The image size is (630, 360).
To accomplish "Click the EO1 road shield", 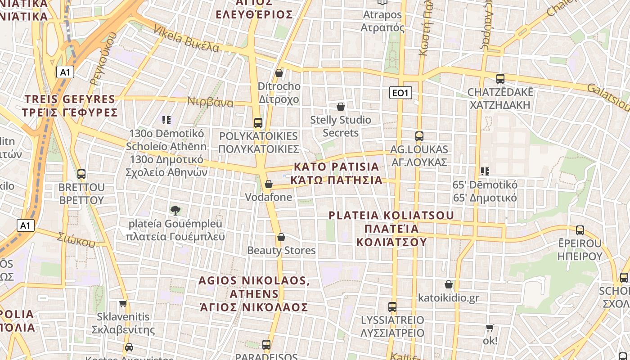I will coord(400,93).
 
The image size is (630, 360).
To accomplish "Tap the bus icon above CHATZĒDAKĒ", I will coord(500,79).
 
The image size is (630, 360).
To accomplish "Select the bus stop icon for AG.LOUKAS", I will coord(419,136).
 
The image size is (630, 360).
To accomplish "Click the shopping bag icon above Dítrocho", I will coord(279,73).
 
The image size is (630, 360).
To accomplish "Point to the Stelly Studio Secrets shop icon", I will coord(341,107).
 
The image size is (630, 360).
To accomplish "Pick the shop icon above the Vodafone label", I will coord(269,184).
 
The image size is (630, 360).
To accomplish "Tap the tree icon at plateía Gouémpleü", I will coord(175,210).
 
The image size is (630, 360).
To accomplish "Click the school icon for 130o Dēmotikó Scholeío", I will coord(166,120).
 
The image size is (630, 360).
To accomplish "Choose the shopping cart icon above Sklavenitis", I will coord(123,304).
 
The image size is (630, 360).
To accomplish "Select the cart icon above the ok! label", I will coord(490,328).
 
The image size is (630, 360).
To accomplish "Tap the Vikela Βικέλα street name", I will coord(186,38).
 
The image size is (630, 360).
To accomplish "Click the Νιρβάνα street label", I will coord(211,103).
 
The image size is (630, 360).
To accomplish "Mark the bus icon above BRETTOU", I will coord(81,174).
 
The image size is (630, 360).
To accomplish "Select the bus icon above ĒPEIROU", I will coord(580,230).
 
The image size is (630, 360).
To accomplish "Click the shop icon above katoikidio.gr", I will coord(449,284).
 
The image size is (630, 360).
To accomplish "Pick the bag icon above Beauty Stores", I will coord(281,237).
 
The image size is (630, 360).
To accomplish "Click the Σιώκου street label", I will coord(76,239).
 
